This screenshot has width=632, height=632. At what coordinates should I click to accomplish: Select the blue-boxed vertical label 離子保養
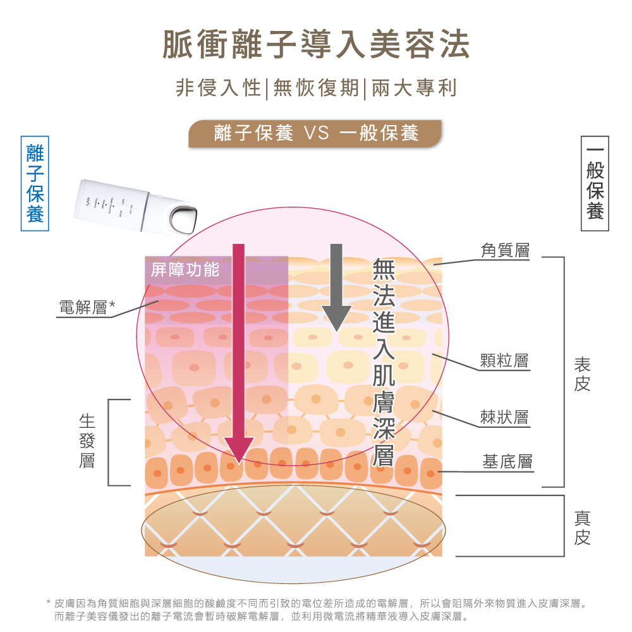click(35, 183)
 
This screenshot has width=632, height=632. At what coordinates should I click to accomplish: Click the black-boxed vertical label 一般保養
click(595, 183)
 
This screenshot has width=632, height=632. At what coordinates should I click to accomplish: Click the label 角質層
click(504, 251)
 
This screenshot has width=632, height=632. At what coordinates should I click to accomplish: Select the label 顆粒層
click(504, 362)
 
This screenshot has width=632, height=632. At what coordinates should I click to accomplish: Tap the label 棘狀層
click(504, 417)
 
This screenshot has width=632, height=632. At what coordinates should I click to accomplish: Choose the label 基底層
click(507, 461)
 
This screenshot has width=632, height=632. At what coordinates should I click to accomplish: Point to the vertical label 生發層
click(87, 441)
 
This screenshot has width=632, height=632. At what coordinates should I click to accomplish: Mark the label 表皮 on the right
click(582, 374)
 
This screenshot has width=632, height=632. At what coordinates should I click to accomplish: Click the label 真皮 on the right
click(582, 528)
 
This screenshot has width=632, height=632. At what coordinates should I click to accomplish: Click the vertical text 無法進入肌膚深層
click(384, 362)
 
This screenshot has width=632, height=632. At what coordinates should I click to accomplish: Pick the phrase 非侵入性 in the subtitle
click(218, 88)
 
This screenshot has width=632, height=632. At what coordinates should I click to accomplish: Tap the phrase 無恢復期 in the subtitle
click(316, 88)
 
